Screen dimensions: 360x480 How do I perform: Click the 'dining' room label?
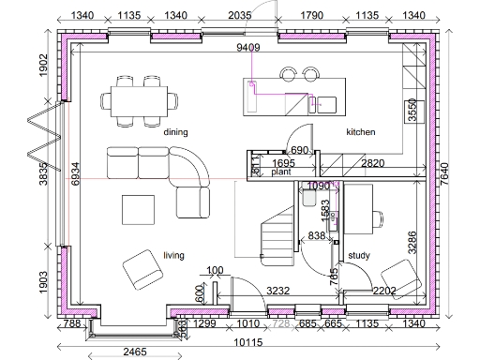[x=176, y=132]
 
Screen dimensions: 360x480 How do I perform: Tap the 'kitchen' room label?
[x=361, y=132]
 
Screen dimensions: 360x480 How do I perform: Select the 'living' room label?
[x=173, y=254]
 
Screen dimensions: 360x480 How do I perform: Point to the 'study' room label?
[x=358, y=254]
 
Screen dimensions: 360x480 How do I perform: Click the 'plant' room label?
[x=281, y=172]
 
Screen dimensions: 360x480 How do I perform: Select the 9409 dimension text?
[x=248, y=47]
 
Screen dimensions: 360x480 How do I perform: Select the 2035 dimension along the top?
[x=240, y=15]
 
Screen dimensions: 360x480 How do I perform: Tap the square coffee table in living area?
[x=140, y=207]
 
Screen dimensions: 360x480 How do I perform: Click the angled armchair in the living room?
[x=142, y=268]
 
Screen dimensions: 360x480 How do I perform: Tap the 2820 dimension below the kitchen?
[x=373, y=163]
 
